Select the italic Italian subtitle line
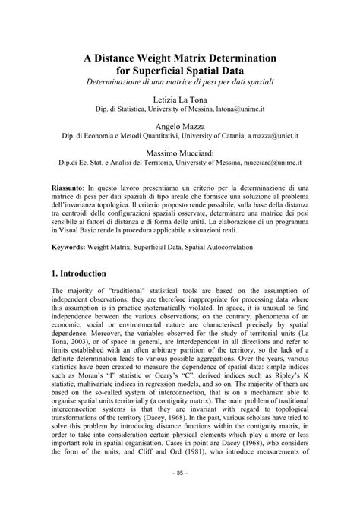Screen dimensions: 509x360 179,81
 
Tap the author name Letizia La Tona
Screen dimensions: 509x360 179,100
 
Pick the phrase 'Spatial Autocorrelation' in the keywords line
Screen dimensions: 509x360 228,248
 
